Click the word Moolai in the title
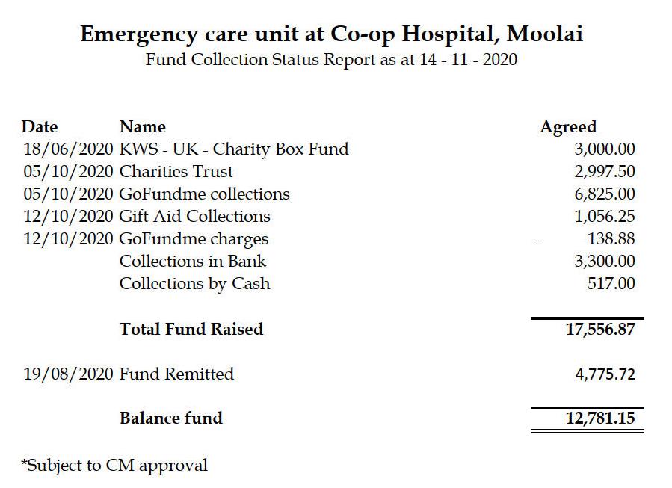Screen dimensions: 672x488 [x=544, y=34]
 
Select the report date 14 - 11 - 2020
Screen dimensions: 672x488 [x=468, y=59]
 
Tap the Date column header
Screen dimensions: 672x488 [x=40, y=127]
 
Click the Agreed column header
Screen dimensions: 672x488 [x=568, y=127]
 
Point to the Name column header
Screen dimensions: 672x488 [x=143, y=127]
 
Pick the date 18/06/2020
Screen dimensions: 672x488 [x=68, y=149]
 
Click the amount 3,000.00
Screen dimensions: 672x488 [x=605, y=149]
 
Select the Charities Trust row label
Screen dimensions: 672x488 [x=176, y=171]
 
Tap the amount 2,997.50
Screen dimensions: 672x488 [x=605, y=171]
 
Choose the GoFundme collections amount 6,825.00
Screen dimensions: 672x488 [x=605, y=194]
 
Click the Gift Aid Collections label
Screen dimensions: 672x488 [x=194, y=216]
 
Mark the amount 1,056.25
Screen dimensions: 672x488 [x=605, y=216]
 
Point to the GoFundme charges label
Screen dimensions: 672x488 [x=194, y=239]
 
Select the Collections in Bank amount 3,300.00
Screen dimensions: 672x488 [x=605, y=261]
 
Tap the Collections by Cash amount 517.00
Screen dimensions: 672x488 [x=611, y=283]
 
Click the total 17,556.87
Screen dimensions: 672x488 [x=600, y=329]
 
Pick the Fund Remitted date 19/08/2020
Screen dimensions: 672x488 [x=68, y=374]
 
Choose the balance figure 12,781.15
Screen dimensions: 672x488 [x=600, y=418]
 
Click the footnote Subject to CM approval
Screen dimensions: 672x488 [x=114, y=466]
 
